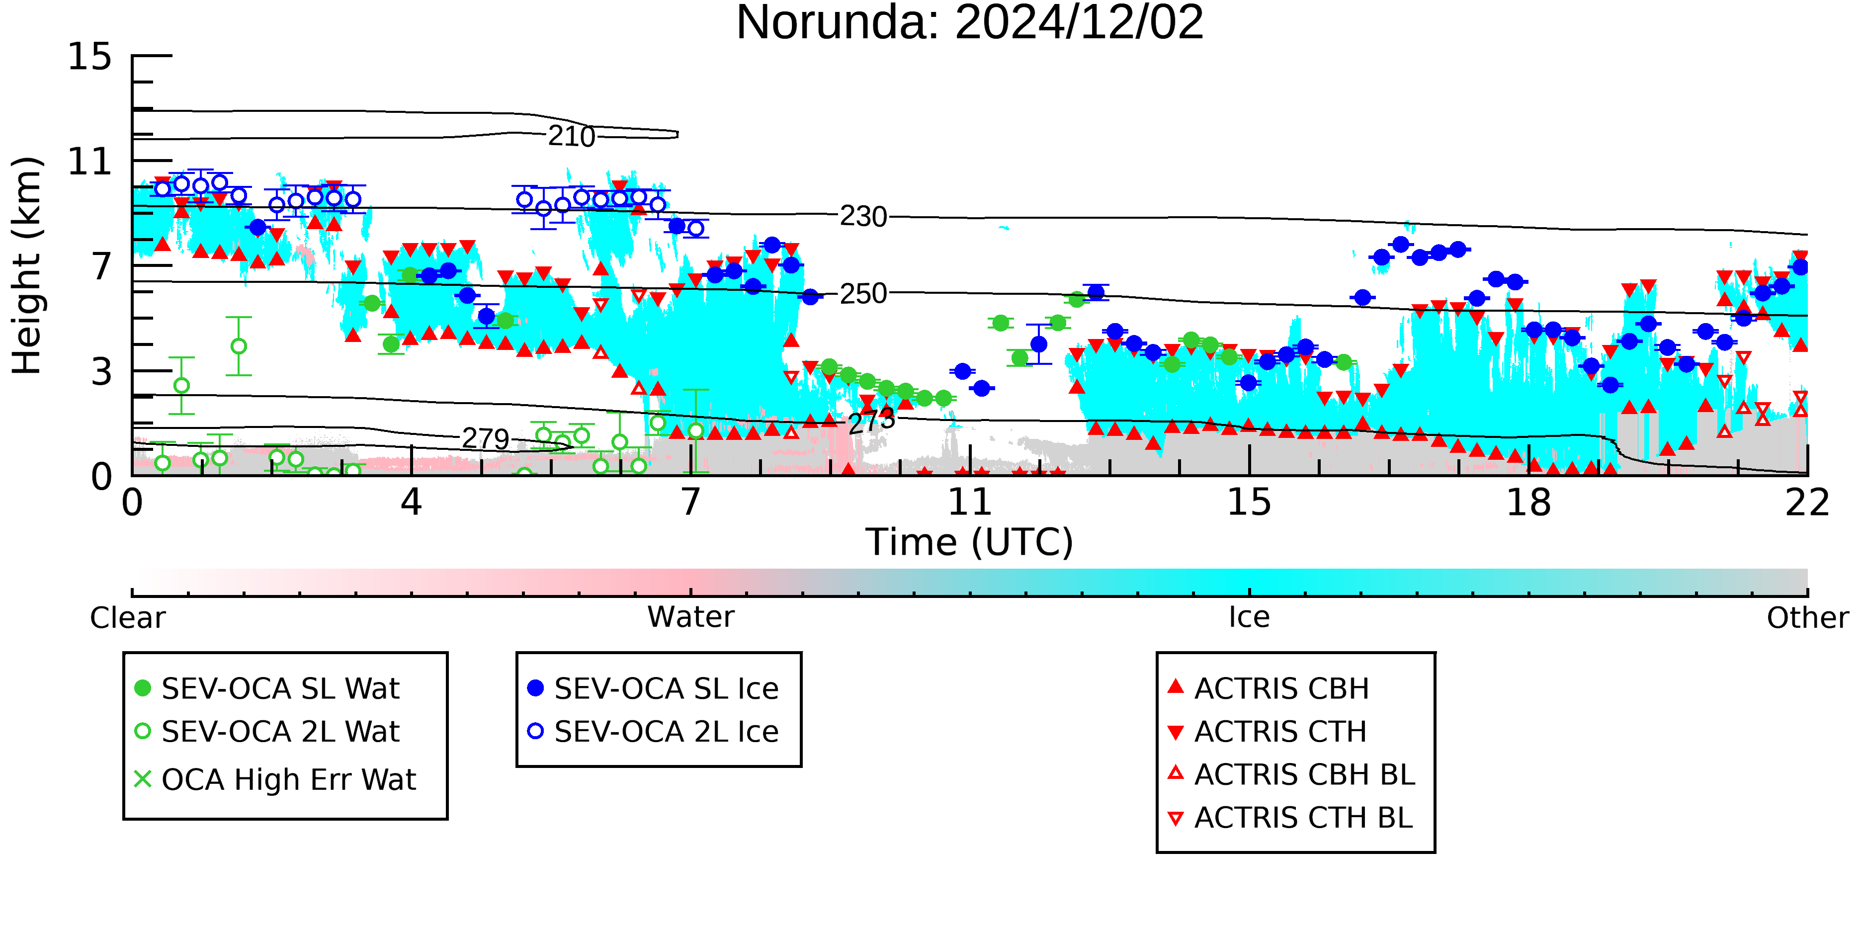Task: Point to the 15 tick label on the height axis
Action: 90,57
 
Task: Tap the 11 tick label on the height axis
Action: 90,162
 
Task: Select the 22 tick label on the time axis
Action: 1807,502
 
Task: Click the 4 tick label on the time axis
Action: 412,502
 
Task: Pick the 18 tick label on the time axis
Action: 1528,502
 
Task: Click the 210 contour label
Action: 572,136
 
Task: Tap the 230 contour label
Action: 863,216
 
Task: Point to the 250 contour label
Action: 863,294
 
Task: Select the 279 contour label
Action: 486,438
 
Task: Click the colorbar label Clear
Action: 127,618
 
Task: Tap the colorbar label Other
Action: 1807,618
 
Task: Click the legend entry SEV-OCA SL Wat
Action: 268,688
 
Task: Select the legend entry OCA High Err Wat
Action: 276,779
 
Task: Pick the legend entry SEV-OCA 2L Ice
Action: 654,732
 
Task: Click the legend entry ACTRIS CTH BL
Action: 1290,818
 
